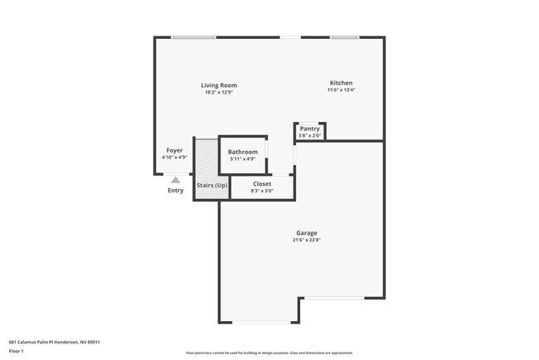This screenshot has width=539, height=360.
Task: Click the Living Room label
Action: [220, 85]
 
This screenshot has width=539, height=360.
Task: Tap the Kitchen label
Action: [342, 83]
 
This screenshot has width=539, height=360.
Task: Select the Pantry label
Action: [310, 129]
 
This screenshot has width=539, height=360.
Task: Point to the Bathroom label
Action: [243, 152]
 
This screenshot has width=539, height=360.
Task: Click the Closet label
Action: [262, 183]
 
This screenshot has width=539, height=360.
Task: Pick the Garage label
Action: [307, 232]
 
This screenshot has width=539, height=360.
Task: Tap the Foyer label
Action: [174, 150]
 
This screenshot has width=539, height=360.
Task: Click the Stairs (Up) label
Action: [212, 185]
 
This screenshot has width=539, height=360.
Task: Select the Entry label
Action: [176, 191]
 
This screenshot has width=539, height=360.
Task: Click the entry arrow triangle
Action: [175, 178]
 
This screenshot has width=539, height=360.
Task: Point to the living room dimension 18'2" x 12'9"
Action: [220, 92]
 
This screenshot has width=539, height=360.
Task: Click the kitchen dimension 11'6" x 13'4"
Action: [342, 90]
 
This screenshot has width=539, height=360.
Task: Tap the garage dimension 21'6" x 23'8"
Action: [307, 240]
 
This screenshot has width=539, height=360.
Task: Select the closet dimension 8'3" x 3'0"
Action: [262, 191]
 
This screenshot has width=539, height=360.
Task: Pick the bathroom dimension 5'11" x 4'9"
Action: [243, 158]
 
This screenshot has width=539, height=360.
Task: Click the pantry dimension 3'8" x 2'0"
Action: [310, 135]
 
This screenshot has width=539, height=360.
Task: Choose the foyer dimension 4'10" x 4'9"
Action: [174, 157]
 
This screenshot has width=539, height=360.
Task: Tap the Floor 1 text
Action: [17, 351]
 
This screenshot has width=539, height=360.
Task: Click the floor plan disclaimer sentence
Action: [269, 353]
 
